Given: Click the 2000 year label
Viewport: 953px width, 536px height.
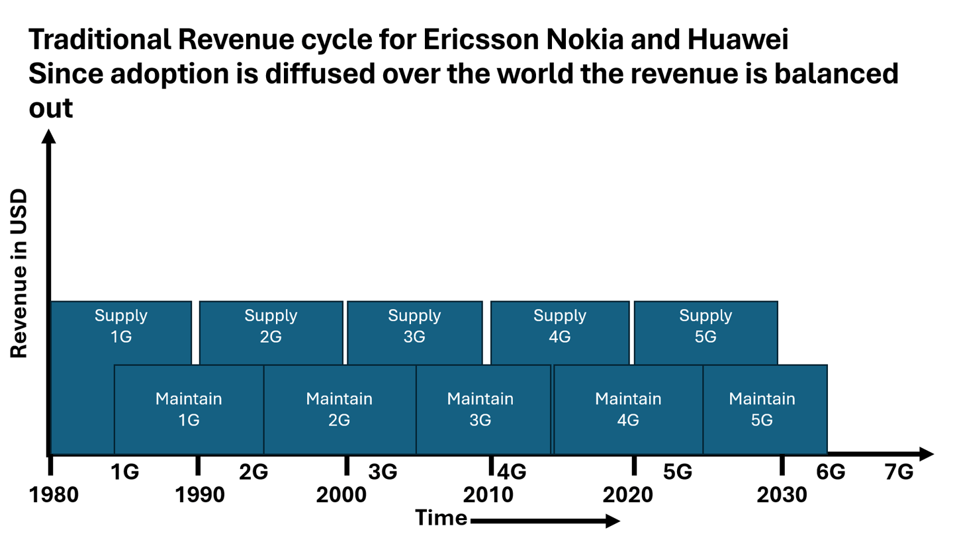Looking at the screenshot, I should [341, 496].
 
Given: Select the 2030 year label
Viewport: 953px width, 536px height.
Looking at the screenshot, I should [782, 496].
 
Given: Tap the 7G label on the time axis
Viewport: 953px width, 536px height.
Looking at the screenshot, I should [899, 472].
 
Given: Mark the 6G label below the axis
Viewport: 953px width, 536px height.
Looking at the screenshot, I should [831, 472].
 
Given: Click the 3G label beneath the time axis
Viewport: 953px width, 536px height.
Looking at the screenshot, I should [383, 472].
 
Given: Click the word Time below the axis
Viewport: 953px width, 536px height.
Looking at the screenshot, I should [441, 517].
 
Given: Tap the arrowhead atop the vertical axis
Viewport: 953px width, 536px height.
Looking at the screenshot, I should [48, 136].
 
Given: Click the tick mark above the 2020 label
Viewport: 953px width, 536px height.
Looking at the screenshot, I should [633, 465].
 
